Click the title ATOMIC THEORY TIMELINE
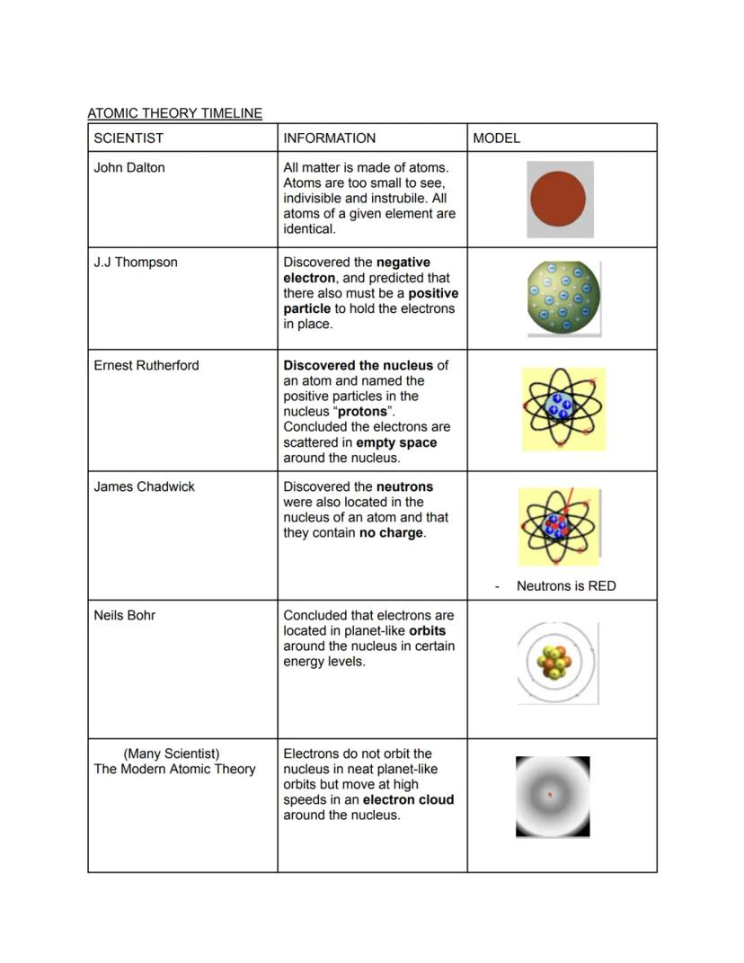click(x=174, y=113)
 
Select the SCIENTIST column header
click(x=128, y=138)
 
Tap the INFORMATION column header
click(x=329, y=138)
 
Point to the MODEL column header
click(x=496, y=138)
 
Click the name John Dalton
click(x=129, y=167)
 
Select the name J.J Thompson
click(x=136, y=263)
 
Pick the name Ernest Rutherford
click(x=146, y=365)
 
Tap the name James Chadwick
click(x=144, y=486)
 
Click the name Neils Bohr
click(x=124, y=615)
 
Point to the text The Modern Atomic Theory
click(x=174, y=769)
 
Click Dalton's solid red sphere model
click(x=559, y=199)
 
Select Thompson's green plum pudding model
click(x=562, y=299)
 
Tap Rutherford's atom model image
click(x=563, y=409)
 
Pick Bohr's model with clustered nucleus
click(x=557, y=664)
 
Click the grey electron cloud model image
click(x=553, y=797)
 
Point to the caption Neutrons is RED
click(x=566, y=586)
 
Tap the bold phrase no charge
click(x=391, y=532)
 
